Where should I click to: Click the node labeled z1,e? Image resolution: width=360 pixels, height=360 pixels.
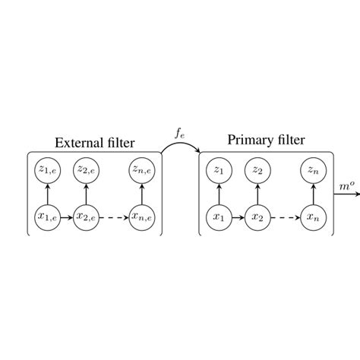tap(46, 169)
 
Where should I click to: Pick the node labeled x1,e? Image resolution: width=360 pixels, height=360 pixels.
tap(46, 217)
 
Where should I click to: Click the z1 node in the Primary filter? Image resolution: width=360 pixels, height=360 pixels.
tap(219, 169)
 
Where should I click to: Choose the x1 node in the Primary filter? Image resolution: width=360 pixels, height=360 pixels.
tap(219, 217)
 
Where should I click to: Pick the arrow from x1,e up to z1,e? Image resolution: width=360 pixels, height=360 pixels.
tap(46, 194)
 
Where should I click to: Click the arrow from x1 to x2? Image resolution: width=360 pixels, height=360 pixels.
tap(238, 217)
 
